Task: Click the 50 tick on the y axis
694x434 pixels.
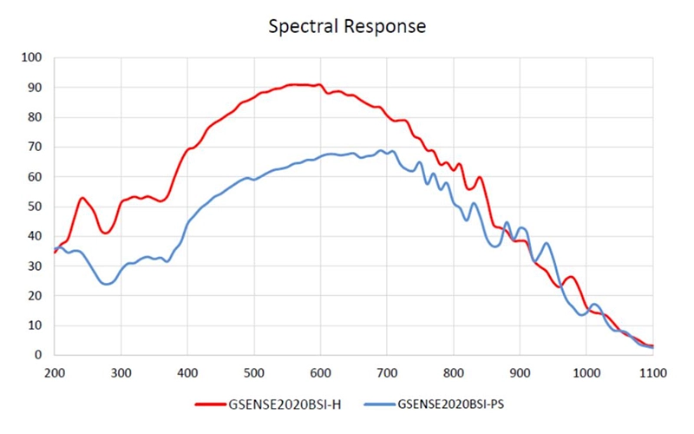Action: coord(35,207)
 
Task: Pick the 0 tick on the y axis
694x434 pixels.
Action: coord(38,355)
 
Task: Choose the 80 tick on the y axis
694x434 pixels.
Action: coord(35,117)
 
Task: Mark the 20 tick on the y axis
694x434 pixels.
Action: coord(35,296)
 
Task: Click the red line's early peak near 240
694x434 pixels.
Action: coord(82,198)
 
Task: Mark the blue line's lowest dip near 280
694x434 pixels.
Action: coord(107,284)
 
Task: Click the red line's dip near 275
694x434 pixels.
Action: coord(105,233)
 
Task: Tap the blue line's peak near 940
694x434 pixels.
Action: coord(546,244)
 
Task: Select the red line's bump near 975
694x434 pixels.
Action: coord(570,277)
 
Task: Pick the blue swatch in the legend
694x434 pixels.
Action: coord(377,404)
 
